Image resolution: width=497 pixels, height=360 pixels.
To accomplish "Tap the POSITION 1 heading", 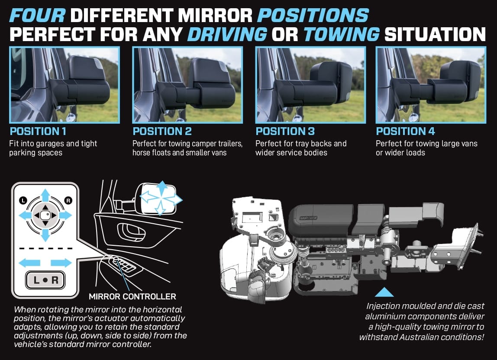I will [38, 131].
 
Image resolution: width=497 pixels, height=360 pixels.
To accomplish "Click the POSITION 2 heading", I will [162, 131].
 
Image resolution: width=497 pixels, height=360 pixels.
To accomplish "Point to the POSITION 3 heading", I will [285, 131].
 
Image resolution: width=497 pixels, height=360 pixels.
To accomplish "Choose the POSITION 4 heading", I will [405, 131].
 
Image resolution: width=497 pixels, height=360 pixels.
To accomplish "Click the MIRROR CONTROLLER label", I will [132, 296].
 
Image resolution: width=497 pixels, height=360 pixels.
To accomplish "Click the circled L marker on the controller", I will [22, 200].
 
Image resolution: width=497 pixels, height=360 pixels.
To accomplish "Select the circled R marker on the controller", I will [68, 200].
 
